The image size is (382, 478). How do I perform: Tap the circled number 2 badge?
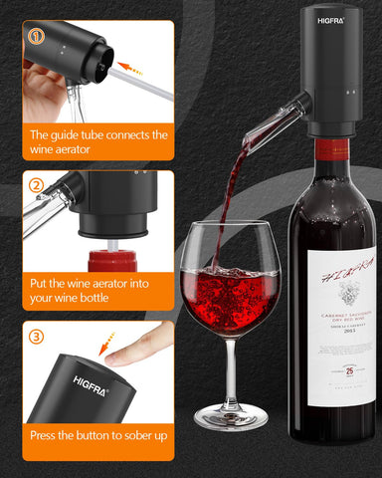click(x=36, y=185)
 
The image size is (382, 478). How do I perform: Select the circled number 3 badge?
click(x=36, y=337)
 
